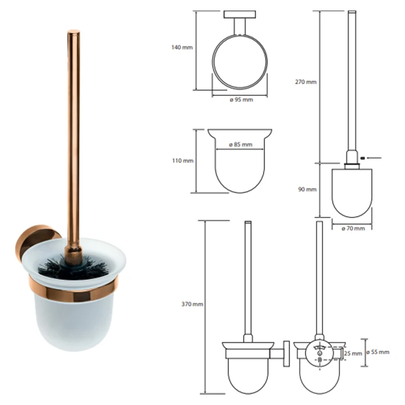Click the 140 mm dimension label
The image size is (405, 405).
point(182,48)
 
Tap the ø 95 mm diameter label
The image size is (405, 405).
point(241,100)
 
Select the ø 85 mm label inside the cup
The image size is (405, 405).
point(240,144)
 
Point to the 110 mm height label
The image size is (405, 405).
point(183,161)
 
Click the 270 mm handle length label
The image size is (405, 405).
point(306,82)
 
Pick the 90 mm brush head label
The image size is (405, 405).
point(308,189)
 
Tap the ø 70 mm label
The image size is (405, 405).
point(353,229)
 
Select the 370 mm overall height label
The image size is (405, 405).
point(192,304)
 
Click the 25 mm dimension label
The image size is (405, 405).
point(353,354)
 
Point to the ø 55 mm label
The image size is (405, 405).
point(378,352)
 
